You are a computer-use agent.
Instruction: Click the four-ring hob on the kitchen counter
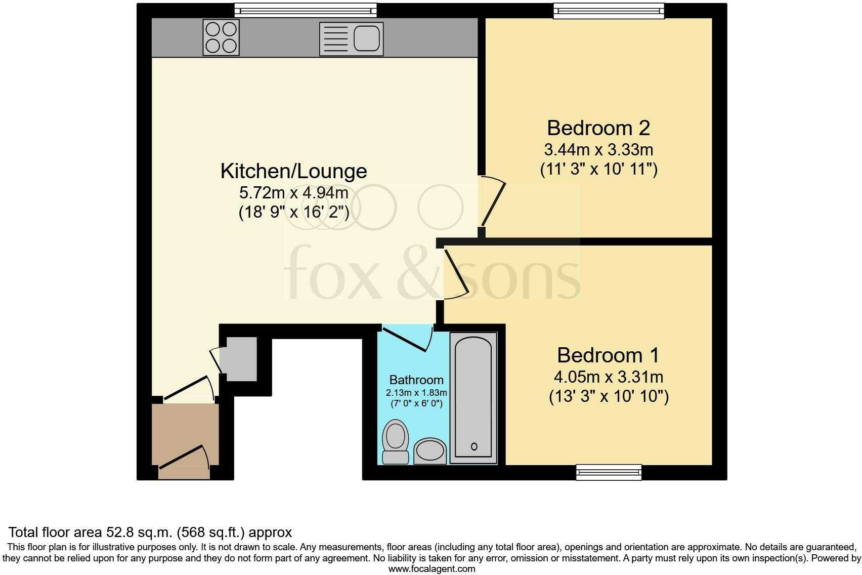(x=221, y=37)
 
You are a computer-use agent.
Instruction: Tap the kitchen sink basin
(x=366, y=38)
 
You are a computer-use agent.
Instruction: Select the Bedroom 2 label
(x=598, y=128)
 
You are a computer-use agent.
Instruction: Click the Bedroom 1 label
(x=608, y=355)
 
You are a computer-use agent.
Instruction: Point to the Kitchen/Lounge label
(x=293, y=171)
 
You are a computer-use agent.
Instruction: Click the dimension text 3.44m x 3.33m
(x=598, y=150)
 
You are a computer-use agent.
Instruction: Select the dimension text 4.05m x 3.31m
(x=609, y=377)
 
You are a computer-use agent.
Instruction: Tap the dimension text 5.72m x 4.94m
(x=293, y=193)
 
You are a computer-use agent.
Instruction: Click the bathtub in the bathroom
(x=473, y=397)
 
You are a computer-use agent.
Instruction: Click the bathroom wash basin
(x=430, y=450)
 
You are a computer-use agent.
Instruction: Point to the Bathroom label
(x=416, y=380)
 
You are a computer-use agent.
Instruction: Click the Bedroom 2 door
(x=494, y=202)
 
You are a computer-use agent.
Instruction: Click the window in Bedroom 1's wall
(x=609, y=472)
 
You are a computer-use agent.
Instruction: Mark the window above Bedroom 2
(x=609, y=11)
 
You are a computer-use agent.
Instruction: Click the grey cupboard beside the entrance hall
(x=241, y=359)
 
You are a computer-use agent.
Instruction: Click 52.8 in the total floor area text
(x=118, y=532)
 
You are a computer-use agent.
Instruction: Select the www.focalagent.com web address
(x=432, y=569)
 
